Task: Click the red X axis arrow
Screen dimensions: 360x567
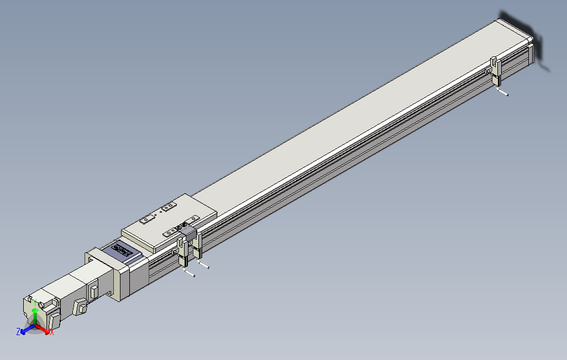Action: point(46,330)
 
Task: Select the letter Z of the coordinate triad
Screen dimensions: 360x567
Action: point(18,331)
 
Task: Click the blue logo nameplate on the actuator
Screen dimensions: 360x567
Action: point(124,252)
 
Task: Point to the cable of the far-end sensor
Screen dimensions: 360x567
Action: point(503,92)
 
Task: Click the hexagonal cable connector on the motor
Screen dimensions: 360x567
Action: point(80,306)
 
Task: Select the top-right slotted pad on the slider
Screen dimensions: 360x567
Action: point(168,208)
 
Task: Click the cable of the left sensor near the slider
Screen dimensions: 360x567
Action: point(190,273)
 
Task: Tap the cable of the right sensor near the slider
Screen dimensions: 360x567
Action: point(204,266)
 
